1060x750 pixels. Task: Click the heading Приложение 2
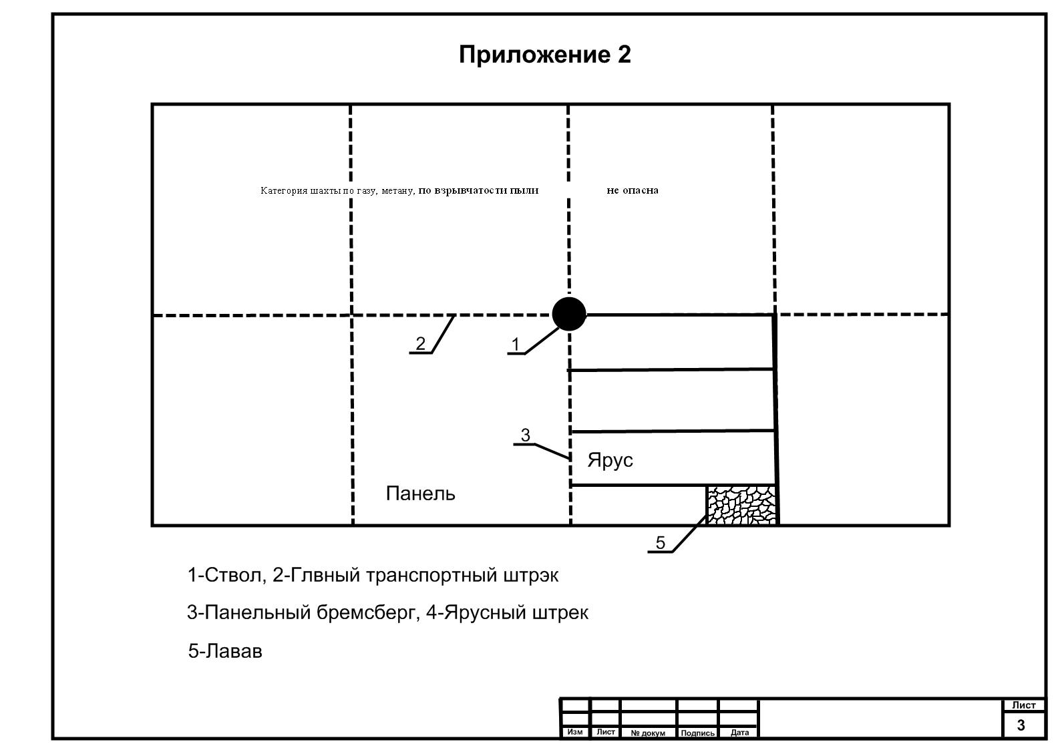[x=544, y=55]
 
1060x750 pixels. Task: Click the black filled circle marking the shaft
[x=569, y=314]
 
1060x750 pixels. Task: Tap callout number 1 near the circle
[x=515, y=345]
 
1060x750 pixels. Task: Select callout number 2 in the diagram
[x=420, y=343]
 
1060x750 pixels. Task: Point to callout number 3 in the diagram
[x=525, y=435]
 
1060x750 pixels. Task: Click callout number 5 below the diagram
[x=661, y=543]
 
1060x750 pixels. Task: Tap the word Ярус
[x=610, y=460]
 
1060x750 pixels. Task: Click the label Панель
[x=421, y=494]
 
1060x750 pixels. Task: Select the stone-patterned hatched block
[x=742, y=505]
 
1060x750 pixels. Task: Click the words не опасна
[x=632, y=190]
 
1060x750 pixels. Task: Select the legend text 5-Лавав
[x=225, y=651]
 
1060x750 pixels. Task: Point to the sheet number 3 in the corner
[x=1021, y=725]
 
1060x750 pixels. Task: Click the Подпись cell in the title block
[x=697, y=733]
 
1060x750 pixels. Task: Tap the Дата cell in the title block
[x=739, y=733]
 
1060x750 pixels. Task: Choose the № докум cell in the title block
[x=647, y=733]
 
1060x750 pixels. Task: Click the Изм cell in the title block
[x=574, y=732]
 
